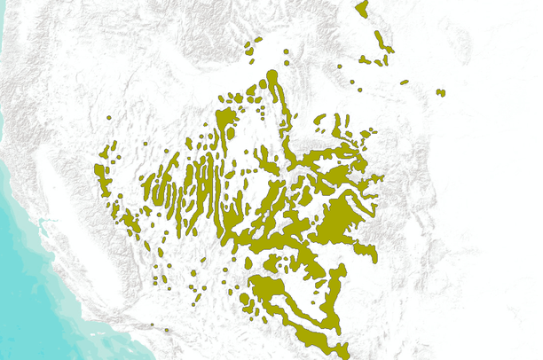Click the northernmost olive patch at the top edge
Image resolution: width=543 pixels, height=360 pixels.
tap(361, 9)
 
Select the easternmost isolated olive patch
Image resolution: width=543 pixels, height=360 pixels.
tap(440, 92)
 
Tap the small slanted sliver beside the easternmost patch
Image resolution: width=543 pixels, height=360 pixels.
tap(404, 82)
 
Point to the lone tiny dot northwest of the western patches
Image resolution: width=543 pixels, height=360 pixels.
tap(108, 118)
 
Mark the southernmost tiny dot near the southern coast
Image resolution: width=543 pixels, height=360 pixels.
tap(166, 329)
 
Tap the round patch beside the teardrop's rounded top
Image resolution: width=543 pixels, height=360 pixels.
tap(262, 87)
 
